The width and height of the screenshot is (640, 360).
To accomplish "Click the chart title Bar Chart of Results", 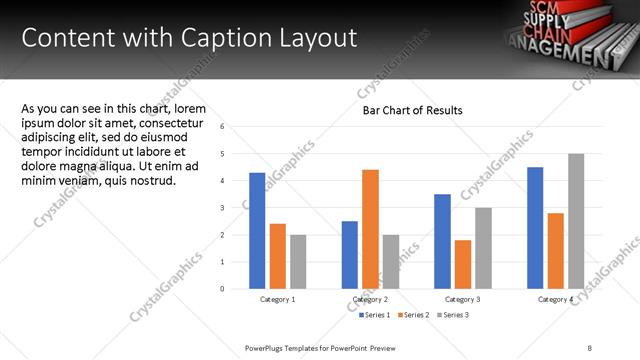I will click(x=412, y=110).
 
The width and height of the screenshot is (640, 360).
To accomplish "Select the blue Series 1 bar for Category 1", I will click(x=257, y=230).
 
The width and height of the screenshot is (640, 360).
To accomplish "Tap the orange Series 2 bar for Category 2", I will click(x=370, y=229).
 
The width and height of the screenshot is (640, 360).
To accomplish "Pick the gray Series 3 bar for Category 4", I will click(x=576, y=221).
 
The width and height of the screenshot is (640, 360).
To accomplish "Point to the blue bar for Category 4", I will click(x=535, y=227).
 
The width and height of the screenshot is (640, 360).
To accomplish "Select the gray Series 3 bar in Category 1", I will click(x=298, y=261).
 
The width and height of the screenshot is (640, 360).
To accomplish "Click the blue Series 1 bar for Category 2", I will click(x=349, y=254).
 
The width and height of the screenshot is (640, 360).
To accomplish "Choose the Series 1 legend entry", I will click(x=374, y=315).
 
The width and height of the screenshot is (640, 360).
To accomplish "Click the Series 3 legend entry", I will click(x=452, y=315).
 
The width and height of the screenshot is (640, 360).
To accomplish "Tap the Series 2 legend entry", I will click(x=413, y=315).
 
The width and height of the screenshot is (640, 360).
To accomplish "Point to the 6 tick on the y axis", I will click(x=236, y=127).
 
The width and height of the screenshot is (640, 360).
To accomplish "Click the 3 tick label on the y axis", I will click(x=236, y=208).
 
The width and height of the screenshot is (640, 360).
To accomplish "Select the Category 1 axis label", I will click(x=277, y=300).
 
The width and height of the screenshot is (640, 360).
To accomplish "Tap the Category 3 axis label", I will click(x=462, y=300).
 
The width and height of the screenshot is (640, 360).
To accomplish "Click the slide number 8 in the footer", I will click(x=590, y=346).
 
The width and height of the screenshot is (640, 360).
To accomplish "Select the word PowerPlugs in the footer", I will click(x=266, y=346).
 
